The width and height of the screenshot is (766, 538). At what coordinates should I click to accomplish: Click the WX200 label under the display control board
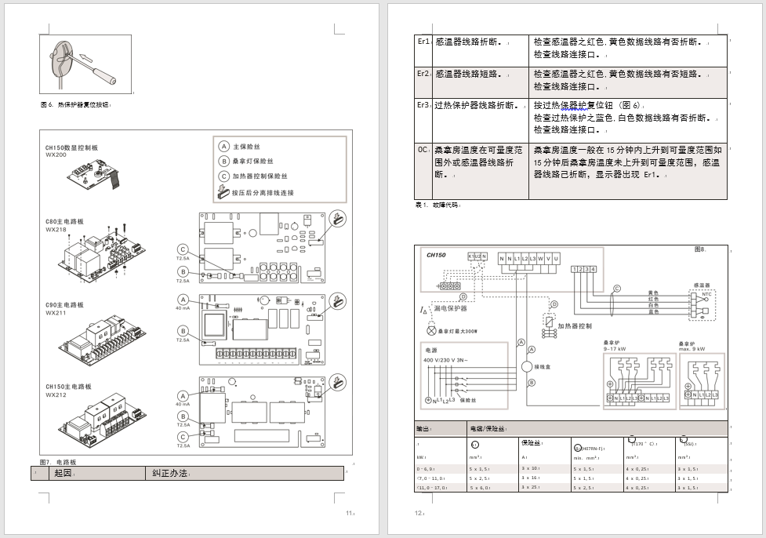(x=56, y=154)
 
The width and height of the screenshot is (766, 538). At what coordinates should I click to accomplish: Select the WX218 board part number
(x=56, y=230)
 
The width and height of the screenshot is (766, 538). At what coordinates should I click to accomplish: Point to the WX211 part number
(x=56, y=313)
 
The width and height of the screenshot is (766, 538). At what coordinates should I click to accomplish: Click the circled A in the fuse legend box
(x=223, y=147)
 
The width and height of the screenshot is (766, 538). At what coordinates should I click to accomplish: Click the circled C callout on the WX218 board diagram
(x=183, y=249)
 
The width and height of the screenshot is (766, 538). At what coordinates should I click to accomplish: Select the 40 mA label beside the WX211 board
(x=183, y=308)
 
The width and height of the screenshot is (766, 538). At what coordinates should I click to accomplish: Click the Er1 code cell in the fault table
(x=423, y=42)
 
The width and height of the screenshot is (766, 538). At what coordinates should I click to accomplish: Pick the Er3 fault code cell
(x=423, y=104)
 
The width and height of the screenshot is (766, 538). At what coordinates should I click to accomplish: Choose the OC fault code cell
(x=423, y=148)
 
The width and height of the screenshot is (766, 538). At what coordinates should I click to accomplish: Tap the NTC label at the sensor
(x=706, y=294)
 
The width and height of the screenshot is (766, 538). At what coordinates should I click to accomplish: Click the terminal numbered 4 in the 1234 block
(x=594, y=270)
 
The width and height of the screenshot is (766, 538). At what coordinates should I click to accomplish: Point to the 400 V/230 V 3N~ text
(x=445, y=359)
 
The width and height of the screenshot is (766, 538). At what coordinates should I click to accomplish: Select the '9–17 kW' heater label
(x=615, y=349)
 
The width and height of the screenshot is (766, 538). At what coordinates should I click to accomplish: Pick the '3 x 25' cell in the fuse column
(x=530, y=487)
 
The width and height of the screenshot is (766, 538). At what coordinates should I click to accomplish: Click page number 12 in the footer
(x=419, y=513)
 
